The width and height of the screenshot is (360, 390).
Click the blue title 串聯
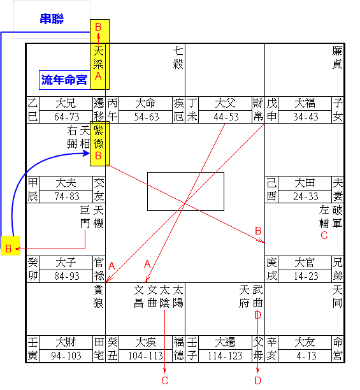[x=52, y=19]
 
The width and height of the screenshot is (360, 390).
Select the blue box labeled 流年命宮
[x=64, y=80]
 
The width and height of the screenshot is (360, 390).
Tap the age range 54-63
[x=147, y=117]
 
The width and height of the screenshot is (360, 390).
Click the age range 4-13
[x=306, y=356]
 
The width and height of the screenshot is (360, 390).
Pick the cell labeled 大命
[x=145, y=103]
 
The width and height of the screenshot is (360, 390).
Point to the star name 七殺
[x=178, y=58]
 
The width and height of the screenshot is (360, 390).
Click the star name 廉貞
[x=337, y=58]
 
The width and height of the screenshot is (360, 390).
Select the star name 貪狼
[x=99, y=297]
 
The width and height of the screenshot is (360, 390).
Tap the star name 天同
[x=337, y=297]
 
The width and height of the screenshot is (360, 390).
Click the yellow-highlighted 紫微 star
[x=99, y=137]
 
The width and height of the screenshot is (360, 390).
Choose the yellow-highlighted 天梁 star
[x=99, y=58]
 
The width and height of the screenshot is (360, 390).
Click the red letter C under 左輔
[x=324, y=235]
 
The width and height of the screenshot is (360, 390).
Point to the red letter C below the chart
[x=165, y=380]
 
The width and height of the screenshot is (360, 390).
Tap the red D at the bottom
[x=258, y=380]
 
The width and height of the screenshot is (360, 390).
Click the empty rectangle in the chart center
[x=185, y=191]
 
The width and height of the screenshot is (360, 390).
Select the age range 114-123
[x=225, y=356]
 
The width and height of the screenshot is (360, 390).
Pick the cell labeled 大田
[x=305, y=183]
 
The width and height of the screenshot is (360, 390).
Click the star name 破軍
[x=337, y=217]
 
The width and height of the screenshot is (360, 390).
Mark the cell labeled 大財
[x=66, y=342]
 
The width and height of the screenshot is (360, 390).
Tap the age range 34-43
[x=306, y=117]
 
